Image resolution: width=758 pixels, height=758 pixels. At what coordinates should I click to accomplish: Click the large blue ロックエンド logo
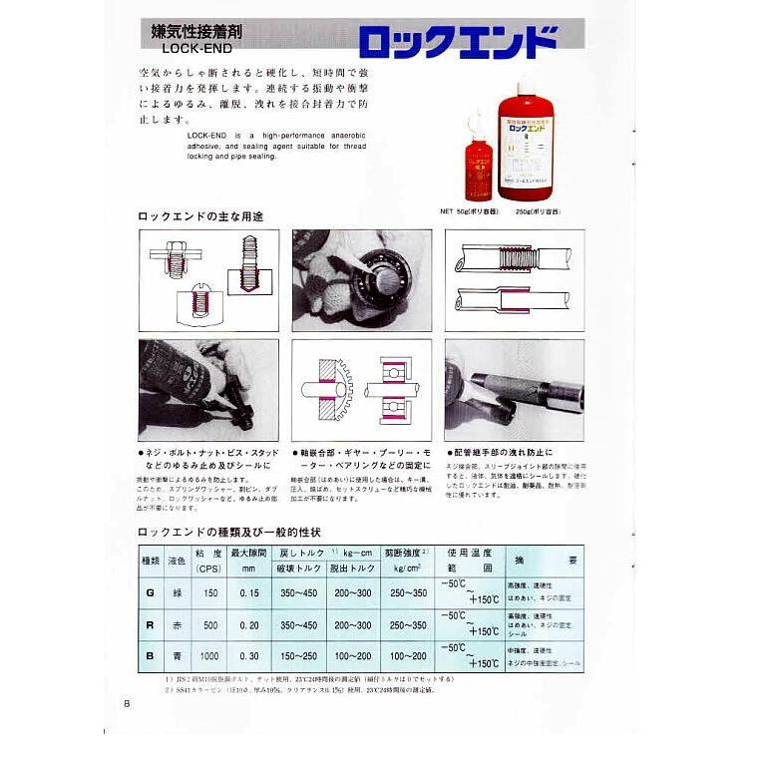[456, 41]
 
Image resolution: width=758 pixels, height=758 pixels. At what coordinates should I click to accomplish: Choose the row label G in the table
[149, 592]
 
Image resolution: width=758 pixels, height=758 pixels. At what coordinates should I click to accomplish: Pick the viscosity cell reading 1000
[207, 657]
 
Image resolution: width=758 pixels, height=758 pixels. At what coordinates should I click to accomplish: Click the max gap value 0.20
[249, 625]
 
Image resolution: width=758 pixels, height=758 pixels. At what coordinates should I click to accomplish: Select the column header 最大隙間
[249, 552]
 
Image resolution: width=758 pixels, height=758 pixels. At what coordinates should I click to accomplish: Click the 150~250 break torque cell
[299, 657]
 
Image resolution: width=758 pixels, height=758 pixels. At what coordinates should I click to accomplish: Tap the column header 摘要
[546, 561]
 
